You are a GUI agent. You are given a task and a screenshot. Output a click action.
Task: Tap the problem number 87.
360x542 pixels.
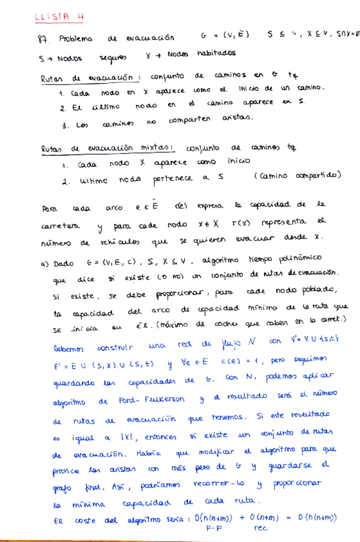click(x=43, y=39)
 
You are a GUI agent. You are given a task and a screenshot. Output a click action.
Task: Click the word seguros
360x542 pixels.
click(x=113, y=58)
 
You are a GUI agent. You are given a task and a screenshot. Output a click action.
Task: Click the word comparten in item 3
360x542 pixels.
click(x=190, y=119)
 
